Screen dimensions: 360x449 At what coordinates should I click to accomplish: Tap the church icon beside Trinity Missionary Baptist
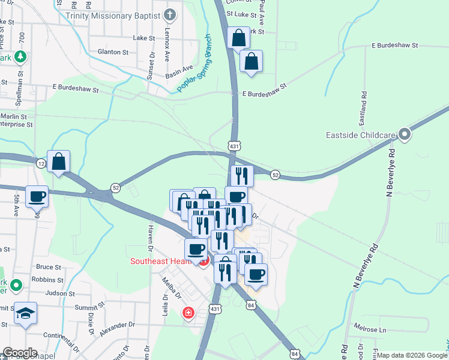(x=170, y=14)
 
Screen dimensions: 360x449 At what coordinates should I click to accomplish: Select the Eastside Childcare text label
(x=362, y=134)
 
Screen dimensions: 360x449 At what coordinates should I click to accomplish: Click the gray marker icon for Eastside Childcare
(x=405, y=134)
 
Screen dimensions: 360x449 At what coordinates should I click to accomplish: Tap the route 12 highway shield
(x=41, y=164)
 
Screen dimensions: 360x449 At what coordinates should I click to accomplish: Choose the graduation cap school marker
(x=26, y=313)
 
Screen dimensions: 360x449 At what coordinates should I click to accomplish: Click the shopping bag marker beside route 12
(x=59, y=161)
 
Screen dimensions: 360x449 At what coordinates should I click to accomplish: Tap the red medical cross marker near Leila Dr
(x=188, y=313)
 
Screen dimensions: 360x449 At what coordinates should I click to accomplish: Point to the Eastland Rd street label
(x=364, y=104)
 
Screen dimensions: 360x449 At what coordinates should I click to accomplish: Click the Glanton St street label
(x=113, y=52)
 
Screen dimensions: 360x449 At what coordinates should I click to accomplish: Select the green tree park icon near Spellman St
(x=21, y=57)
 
